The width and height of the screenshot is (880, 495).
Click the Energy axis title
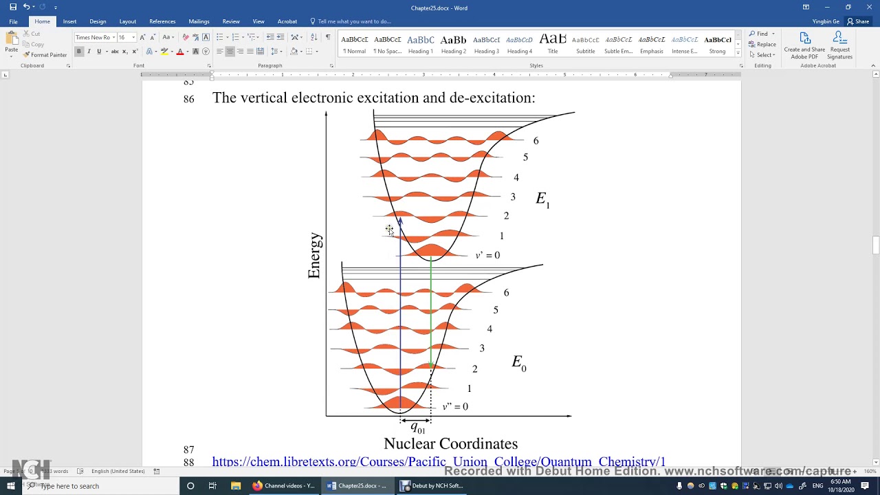314,256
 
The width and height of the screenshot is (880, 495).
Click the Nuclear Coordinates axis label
450,444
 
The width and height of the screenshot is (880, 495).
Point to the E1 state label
542,199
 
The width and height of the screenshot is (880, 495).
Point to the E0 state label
519,363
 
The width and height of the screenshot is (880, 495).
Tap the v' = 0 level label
487,255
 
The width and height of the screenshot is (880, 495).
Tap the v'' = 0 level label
455,406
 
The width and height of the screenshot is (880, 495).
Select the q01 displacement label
417,428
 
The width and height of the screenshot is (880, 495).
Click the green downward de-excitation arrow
431,309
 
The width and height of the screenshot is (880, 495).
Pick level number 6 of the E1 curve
536,141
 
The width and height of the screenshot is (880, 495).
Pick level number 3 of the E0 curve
482,349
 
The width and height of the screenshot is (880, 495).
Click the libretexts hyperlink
439,462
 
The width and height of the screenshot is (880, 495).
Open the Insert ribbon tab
69,21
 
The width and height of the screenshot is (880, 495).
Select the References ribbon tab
162,21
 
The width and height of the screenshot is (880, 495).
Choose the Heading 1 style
420,45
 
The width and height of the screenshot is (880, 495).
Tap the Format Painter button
45,55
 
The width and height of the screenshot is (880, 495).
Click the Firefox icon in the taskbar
257,485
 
